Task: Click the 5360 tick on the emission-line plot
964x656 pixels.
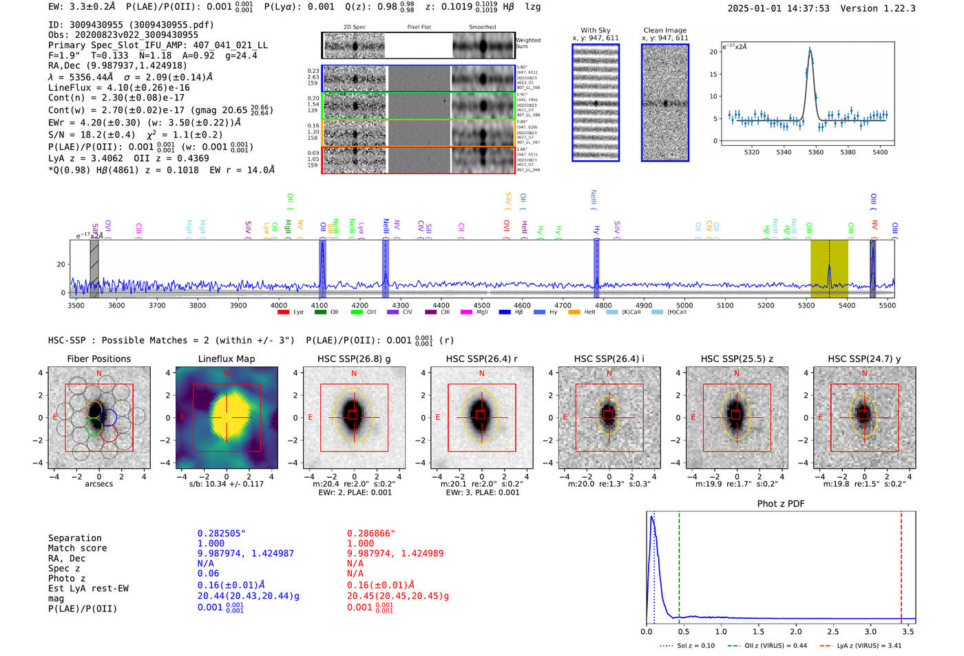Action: [816, 152]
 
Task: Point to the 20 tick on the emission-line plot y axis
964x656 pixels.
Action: [713, 52]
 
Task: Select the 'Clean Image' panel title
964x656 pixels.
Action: [664, 30]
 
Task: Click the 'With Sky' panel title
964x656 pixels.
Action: [595, 30]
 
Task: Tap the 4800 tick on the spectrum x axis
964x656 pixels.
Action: [603, 306]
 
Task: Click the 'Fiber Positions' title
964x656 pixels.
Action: [98, 359]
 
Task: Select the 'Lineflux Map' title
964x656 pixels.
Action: [226, 359]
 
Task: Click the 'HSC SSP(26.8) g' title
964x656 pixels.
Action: [353, 359]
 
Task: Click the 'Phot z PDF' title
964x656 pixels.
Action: [781, 504]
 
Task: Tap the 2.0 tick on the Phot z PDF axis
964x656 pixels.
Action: [796, 631]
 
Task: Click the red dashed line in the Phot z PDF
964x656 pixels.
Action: [901, 564]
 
